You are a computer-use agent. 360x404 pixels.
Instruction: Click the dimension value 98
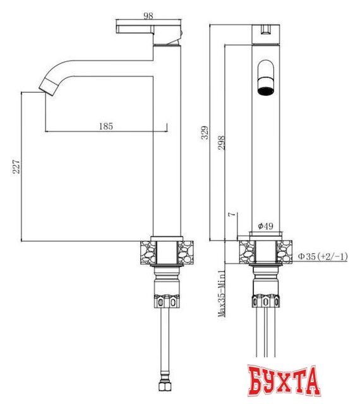click(149, 15)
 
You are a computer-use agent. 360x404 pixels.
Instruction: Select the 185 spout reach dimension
click(106, 126)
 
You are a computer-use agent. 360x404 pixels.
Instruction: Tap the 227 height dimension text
click(17, 166)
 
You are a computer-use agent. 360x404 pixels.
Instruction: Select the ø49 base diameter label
click(265, 226)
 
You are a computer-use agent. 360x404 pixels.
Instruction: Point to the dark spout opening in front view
click(267, 85)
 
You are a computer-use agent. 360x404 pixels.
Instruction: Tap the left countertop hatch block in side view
click(145, 253)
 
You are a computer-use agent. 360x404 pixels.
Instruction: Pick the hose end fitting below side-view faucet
click(167, 384)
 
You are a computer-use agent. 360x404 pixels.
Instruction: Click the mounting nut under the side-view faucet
click(167, 296)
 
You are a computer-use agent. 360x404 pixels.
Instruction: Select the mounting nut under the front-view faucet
click(266, 297)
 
